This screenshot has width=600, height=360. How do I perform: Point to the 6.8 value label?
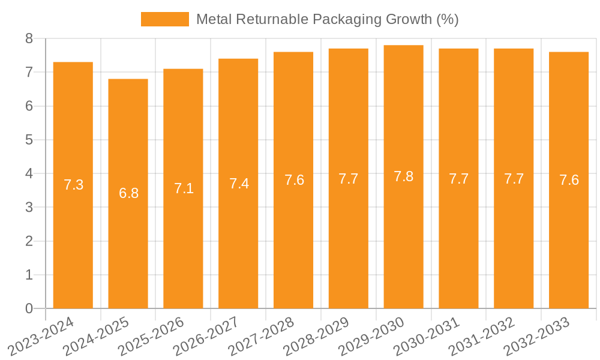[128, 193]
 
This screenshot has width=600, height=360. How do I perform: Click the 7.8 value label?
[403, 176]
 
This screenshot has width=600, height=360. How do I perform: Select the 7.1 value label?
[184, 188]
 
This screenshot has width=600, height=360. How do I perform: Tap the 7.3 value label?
[73, 185]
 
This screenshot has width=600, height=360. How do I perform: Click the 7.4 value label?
[239, 184]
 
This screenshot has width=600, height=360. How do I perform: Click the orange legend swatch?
[164, 19]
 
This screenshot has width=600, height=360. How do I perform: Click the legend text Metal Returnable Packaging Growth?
[327, 19]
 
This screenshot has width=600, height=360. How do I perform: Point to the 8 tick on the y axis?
[29, 38]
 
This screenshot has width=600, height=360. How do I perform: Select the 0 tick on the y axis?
[29, 308]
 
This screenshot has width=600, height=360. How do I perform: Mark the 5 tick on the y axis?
[29, 140]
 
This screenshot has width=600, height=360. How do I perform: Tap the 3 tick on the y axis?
[29, 208]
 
